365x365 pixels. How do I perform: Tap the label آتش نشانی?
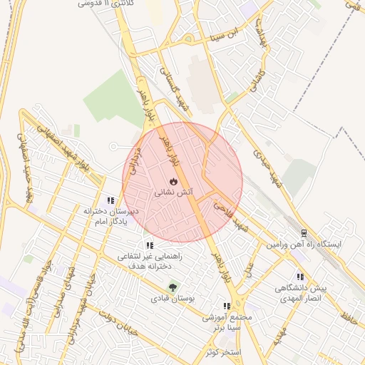pos(172,192)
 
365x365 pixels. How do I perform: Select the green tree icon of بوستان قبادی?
pos(171,287)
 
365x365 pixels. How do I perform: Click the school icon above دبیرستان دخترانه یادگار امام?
pos(110,201)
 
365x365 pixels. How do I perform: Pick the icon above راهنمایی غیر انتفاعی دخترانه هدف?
pos(149,245)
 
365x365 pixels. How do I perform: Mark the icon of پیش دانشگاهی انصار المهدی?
pos(300,277)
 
